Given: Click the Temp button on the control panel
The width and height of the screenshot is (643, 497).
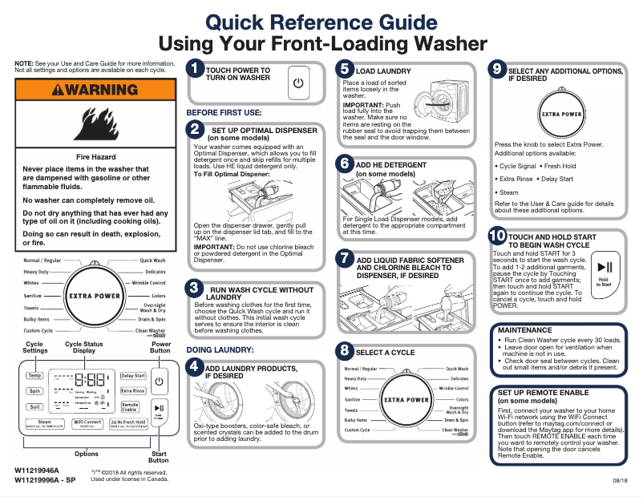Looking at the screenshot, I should pyautogui.click(x=34, y=375).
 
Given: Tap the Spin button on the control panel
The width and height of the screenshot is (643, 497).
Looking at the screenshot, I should pyautogui.click(x=34, y=391).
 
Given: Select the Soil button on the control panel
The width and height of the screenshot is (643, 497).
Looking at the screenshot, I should pyautogui.click(x=34, y=407).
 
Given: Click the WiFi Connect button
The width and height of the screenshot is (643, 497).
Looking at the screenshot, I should pyautogui.click(x=87, y=422).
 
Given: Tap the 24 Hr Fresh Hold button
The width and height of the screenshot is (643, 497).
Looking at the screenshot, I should pyautogui.click(x=127, y=422).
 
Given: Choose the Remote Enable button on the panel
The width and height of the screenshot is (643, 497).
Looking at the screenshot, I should pyautogui.click(x=131, y=407).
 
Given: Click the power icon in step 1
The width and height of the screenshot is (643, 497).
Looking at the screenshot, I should pyautogui.click(x=298, y=83).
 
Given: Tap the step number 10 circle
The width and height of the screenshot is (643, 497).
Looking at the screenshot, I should pyautogui.click(x=497, y=236).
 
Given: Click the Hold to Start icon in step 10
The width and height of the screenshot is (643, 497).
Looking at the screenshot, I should pyautogui.click(x=605, y=269).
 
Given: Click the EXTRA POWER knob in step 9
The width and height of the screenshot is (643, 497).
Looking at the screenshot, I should pyautogui.click(x=561, y=114).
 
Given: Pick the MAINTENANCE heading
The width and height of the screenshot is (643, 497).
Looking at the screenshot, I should pyautogui.click(x=524, y=330).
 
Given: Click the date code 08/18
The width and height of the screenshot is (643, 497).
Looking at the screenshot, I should pyautogui.click(x=620, y=479).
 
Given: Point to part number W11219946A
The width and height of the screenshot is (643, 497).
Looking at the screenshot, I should pyautogui.click(x=37, y=470).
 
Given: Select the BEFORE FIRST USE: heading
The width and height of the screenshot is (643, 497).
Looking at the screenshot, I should pyautogui.click(x=224, y=113).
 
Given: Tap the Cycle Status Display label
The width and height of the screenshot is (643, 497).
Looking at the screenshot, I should pyautogui.click(x=83, y=347).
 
